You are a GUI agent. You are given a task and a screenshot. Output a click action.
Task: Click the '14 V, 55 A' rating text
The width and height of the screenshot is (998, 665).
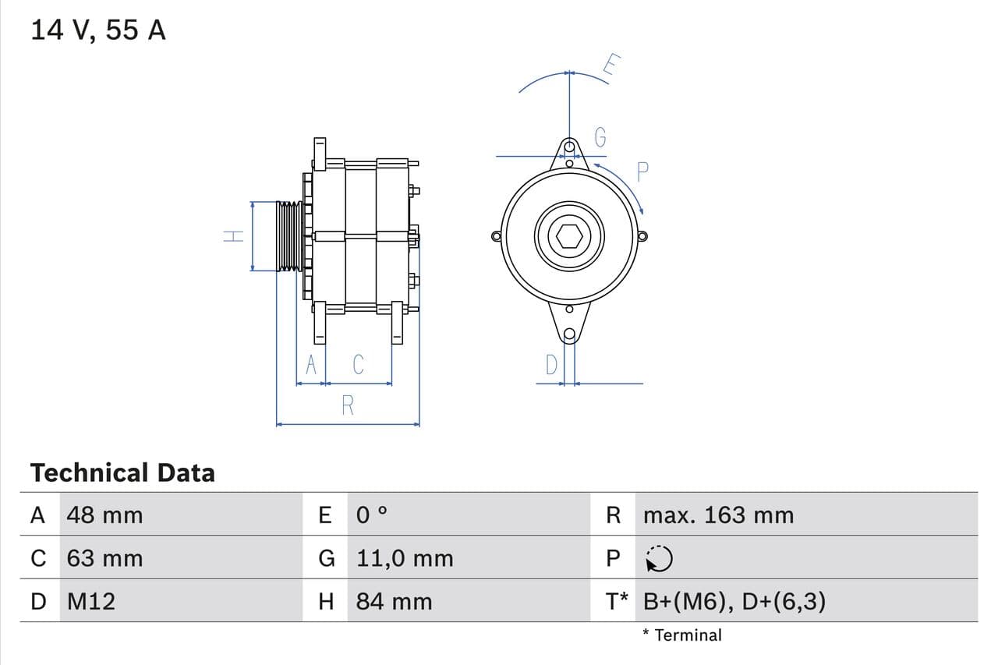98,30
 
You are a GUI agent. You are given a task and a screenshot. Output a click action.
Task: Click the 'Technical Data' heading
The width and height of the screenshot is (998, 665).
122,472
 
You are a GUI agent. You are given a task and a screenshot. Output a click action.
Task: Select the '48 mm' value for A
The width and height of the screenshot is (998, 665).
104,515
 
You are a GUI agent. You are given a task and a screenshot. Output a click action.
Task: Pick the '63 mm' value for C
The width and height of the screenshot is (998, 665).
104,558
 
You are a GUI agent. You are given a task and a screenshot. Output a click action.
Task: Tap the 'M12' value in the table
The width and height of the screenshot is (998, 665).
90,601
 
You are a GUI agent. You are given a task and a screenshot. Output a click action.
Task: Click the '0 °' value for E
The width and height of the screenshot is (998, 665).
371,515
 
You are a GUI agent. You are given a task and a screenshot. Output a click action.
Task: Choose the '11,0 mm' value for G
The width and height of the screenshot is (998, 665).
404,558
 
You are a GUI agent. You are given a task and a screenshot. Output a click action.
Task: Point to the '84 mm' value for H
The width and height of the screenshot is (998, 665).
394,601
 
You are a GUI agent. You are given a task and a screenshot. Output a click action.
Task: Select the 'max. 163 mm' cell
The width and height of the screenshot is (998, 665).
718,515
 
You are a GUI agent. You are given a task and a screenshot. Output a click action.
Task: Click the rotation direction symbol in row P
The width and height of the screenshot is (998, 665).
659,558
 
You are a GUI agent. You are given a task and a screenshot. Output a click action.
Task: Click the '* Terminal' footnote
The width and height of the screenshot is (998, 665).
681,635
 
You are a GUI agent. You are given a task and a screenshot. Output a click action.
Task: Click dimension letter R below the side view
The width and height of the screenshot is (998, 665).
348,405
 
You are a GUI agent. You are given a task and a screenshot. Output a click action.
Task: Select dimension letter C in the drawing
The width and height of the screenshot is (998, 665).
358,364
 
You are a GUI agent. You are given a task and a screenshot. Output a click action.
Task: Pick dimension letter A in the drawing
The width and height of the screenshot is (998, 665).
311,364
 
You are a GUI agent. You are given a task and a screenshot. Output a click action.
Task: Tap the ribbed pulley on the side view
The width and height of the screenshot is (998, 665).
289,236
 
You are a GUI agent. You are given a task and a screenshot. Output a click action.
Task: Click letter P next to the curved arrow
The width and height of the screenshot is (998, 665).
643,172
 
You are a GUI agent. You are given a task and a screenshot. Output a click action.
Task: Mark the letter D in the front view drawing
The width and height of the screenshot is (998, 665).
551,365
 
